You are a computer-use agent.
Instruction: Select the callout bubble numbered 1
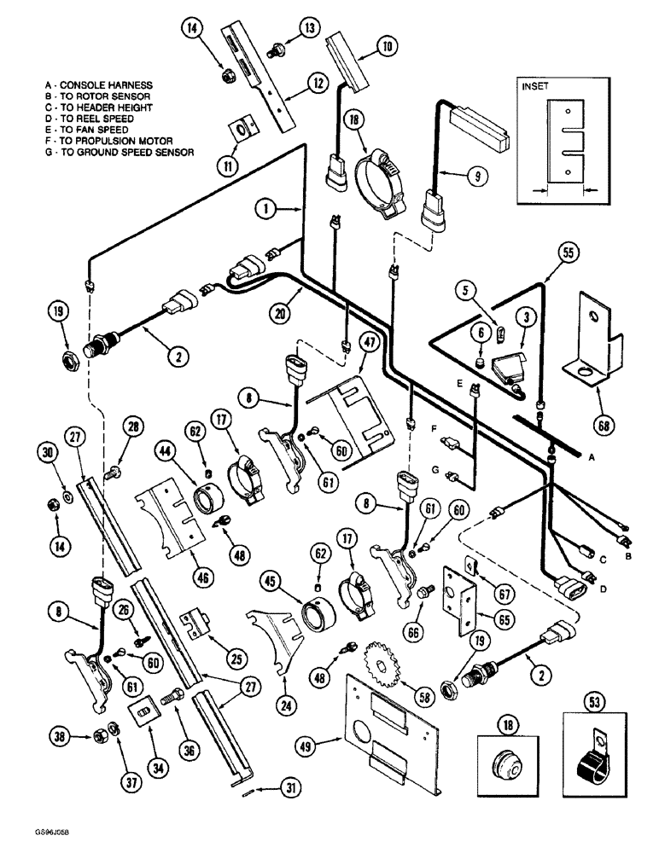(268, 207)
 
